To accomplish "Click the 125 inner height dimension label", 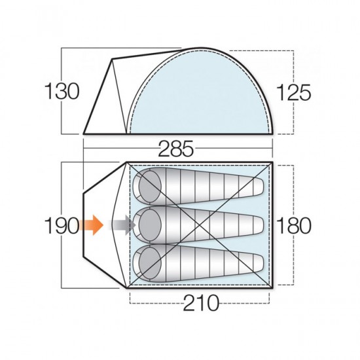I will (x=293, y=92).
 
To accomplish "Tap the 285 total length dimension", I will (x=175, y=149).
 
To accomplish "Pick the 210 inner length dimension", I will (x=199, y=302).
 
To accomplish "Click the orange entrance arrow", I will (x=92, y=226).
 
